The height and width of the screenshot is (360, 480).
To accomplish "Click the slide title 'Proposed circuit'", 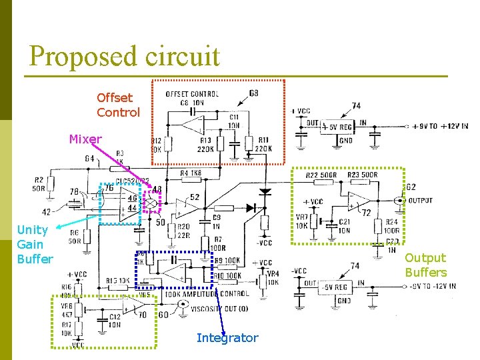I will point(124,56).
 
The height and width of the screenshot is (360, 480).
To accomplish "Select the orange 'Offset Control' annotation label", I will point(118,105).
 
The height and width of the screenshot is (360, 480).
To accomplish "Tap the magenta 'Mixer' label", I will point(85,139).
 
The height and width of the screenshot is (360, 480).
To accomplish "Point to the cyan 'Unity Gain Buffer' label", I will point(34,244).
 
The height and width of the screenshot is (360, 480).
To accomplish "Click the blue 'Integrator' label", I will point(227,338).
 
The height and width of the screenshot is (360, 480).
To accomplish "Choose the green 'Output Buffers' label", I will point(425,265).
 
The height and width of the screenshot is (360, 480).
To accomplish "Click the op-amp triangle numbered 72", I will point(359,199).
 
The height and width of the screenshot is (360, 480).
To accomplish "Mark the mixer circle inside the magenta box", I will point(152,203).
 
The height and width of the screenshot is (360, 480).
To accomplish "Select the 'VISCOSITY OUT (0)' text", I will point(219,309).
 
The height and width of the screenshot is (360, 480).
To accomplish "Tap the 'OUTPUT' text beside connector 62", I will point(419,200).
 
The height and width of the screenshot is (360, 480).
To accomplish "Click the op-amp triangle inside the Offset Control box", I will point(194,123).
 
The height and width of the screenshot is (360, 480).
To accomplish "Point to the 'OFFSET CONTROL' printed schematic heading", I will point(192,94).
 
